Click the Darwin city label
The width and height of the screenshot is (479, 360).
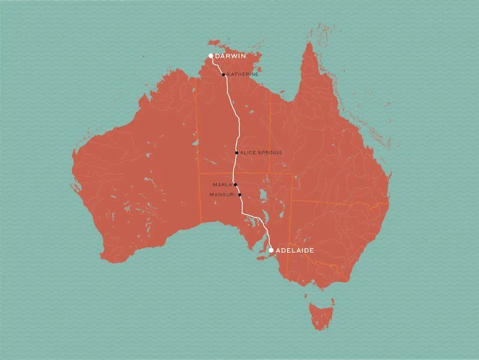coord(230,56)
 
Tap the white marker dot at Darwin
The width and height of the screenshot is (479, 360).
coord(211,56)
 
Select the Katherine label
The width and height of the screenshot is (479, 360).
coord(243,75)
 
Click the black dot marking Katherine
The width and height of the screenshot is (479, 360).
coord(223,75)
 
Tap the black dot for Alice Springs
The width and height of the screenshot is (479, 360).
coord(237,153)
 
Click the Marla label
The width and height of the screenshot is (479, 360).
coord(222,184)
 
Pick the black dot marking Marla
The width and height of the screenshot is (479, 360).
coord(236,184)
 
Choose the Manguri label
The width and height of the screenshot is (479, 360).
coord(222,195)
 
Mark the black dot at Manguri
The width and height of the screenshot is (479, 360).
coord(239,195)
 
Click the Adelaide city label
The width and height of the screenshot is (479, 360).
coord(295,250)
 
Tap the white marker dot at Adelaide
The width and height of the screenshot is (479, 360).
coord(271,250)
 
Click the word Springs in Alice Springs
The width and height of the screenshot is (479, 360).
coord(269,153)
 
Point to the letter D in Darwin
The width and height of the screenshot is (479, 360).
coord(217,56)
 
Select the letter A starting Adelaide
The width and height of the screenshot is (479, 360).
coord(278,250)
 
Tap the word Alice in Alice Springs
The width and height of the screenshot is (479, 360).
coord(247,153)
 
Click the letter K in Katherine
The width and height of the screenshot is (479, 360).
coord(229,75)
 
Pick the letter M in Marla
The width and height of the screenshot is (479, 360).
coord(214,184)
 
